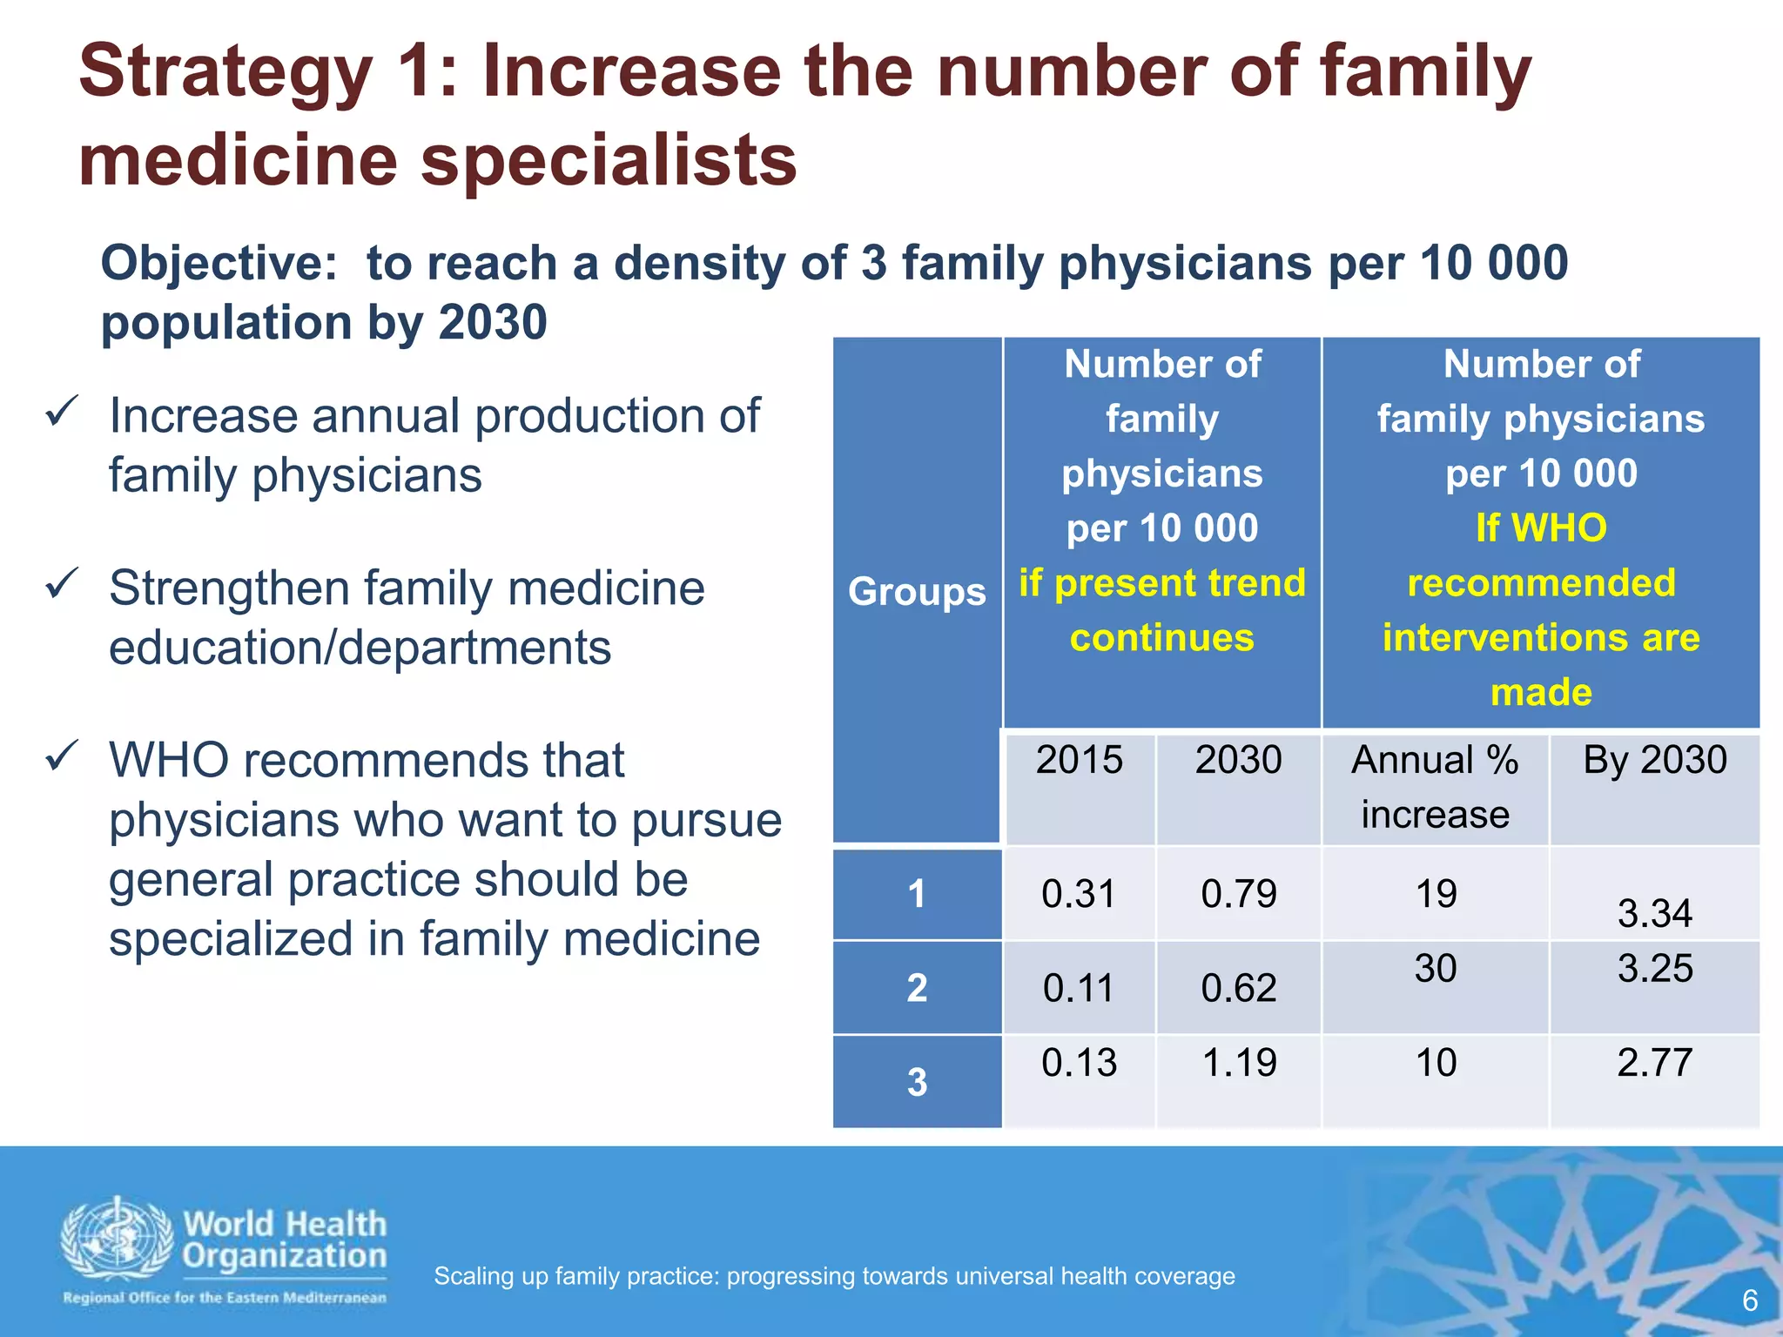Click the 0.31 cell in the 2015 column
1078,894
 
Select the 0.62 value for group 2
1238,988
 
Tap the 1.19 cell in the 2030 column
1238,1063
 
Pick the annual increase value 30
1435,968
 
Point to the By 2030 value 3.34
1654,914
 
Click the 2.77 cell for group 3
1654,1063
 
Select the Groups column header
917,591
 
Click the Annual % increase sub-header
1435,787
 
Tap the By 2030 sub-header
1654,760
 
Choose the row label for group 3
917,1082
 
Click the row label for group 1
917,894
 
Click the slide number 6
1749,1300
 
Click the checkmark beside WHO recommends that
63,756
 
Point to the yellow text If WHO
1541,528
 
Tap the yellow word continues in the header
1162,638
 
